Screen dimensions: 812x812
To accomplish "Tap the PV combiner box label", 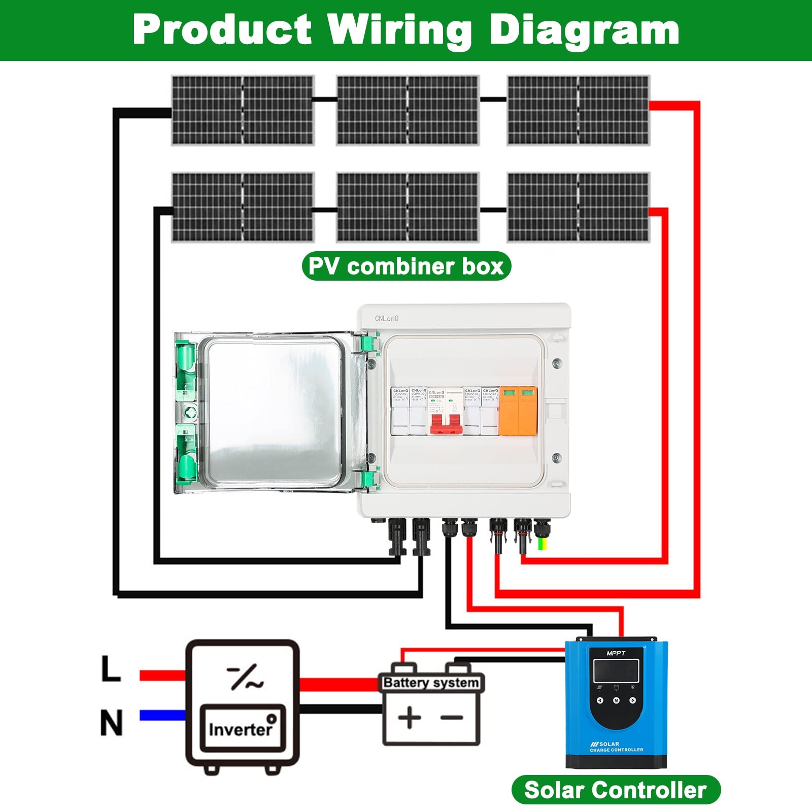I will [x=406, y=266].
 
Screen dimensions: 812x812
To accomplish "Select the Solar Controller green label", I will [x=616, y=790].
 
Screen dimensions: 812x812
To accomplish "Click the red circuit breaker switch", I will [x=446, y=423].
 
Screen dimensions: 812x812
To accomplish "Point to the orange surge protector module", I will [x=518, y=411].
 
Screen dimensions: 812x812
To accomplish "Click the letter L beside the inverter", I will [x=111, y=669].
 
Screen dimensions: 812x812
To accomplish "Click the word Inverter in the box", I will [x=240, y=729].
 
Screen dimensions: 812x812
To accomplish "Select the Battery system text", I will [x=431, y=683].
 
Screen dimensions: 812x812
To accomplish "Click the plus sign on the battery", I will [x=410, y=718].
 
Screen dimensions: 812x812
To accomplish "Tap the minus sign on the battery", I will [x=451, y=718].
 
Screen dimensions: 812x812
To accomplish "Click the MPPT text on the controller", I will [x=616, y=653].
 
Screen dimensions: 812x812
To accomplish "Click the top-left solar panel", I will [x=243, y=110].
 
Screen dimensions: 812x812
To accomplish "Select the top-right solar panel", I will [x=578, y=110].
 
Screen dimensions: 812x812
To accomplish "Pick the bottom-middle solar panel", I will [x=407, y=207].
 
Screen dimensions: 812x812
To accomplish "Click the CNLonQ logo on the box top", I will [x=387, y=319].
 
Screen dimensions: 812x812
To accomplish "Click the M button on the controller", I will [x=616, y=700].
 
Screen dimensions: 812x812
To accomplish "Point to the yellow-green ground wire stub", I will [x=543, y=545].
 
